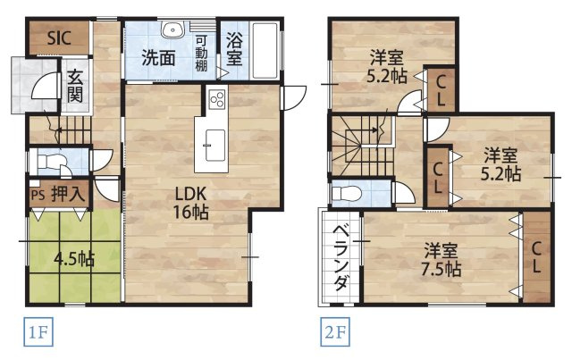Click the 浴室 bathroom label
pyautogui.click(x=234, y=49)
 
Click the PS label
pyautogui.click(x=37, y=194)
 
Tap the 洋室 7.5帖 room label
pyautogui.click(x=441, y=258)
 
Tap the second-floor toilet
pyautogui.click(x=349, y=194)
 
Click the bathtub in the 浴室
pyautogui.click(x=266, y=50)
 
